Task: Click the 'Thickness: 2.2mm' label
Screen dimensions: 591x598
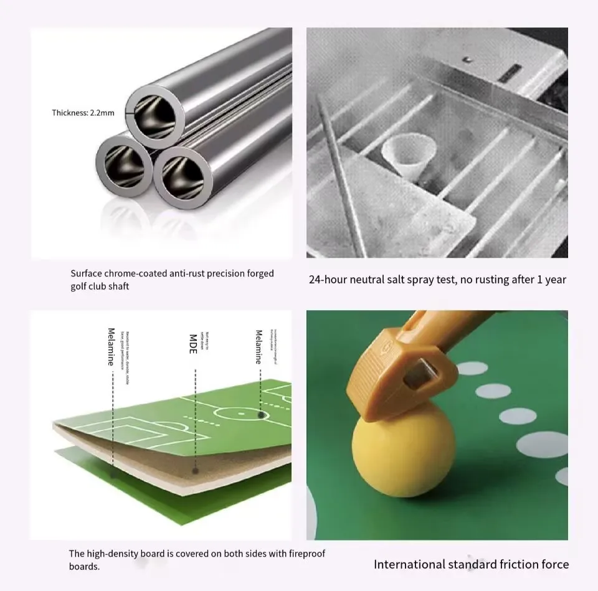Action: point(83,113)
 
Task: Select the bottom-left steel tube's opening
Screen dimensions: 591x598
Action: point(124,165)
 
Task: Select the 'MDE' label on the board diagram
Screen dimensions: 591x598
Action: point(193,344)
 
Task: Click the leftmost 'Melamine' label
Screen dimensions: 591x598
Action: point(112,346)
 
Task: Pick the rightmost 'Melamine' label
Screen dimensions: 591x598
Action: point(259,346)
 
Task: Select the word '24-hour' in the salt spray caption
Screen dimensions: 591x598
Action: point(328,280)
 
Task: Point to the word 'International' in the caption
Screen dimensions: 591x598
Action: point(409,564)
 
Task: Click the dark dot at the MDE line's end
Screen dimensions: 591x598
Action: point(195,470)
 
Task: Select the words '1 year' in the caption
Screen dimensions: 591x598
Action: point(551,280)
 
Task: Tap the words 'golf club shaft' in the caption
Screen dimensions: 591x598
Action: point(100,286)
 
